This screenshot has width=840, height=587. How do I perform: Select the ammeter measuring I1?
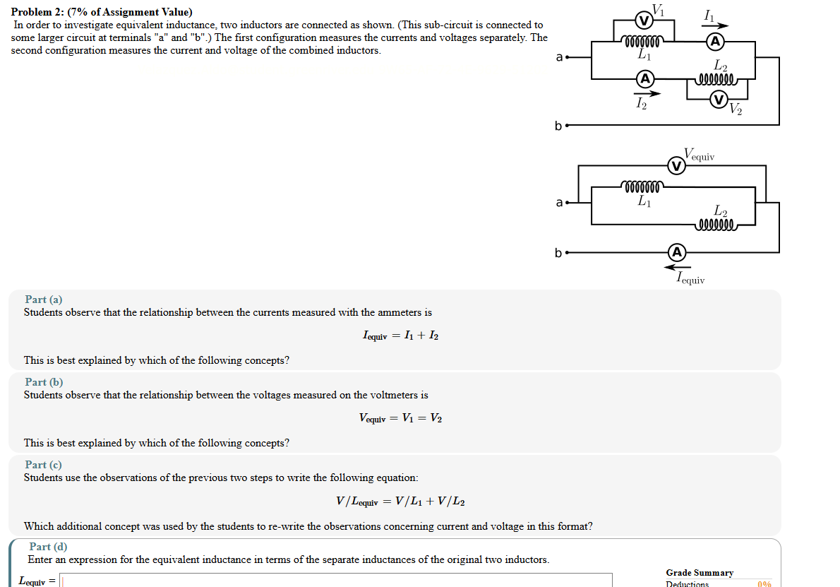pyautogui.click(x=715, y=42)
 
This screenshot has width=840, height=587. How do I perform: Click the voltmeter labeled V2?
pyautogui.click(x=719, y=100)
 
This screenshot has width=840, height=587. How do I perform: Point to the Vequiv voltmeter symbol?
pyautogui.click(x=676, y=166)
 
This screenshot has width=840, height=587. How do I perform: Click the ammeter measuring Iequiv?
pyautogui.click(x=676, y=252)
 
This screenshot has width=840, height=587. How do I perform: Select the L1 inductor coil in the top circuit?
pyautogui.click(x=641, y=41)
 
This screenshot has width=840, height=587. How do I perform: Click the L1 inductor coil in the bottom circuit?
pyautogui.click(x=641, y=187)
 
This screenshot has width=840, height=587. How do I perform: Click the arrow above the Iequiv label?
pyautogui.click(x=678, y=267)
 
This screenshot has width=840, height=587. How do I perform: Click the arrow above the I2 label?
pyautogui.click(x=647, y=93)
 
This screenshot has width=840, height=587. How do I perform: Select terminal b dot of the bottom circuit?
pyautogui.click(x=568, y=252)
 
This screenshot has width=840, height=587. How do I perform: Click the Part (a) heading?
pyautogui.click(x=44, y=300)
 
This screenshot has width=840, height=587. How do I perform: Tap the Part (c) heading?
pyautogui.click(x=44, y=465)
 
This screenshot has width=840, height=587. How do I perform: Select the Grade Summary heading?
pyautogui.click(x=700, y=573)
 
